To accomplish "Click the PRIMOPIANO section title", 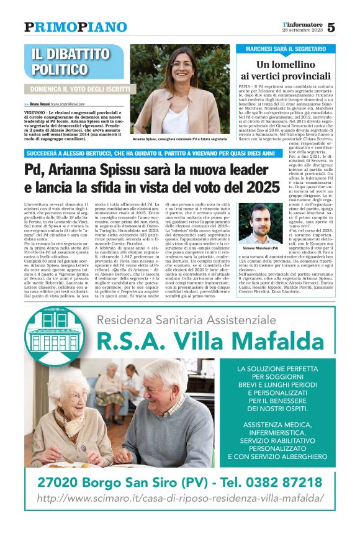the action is (x=76, y=27).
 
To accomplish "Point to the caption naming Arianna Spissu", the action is (x=179, y=140).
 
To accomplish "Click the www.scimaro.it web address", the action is (x=180, y=498).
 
